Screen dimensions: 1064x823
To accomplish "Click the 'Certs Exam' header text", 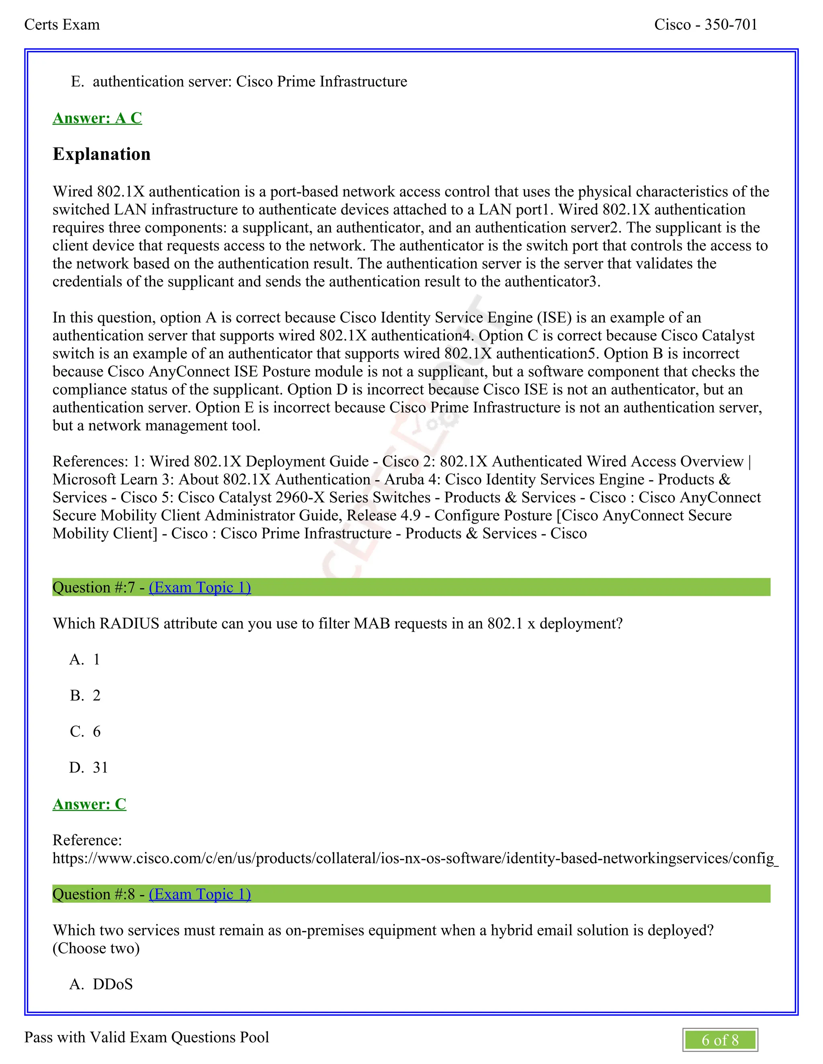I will point(62,24).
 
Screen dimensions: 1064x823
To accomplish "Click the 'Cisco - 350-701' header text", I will point(706,24).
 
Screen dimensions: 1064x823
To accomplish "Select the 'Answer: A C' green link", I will point(97,118).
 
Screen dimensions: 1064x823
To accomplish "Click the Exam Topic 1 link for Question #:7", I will point(200,587).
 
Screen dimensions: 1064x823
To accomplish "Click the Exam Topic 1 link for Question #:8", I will point(200,894).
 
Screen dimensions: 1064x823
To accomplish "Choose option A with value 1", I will point(85,659).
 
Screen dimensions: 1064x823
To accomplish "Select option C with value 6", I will point(85,731).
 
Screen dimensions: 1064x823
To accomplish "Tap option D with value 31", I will point(89,767).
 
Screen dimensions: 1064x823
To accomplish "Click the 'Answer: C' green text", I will point(89,804).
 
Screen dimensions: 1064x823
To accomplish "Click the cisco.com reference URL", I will point(414,858).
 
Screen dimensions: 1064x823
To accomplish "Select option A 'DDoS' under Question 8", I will point(101,984).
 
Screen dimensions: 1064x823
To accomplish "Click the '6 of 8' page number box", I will point(720,1040).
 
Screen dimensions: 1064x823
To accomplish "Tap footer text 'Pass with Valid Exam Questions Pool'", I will point(146,1037).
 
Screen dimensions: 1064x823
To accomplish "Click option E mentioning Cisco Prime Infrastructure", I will point(239,82).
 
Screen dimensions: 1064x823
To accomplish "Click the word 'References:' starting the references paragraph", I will point(90,461).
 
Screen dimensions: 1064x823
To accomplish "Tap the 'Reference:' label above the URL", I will point(87,840).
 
